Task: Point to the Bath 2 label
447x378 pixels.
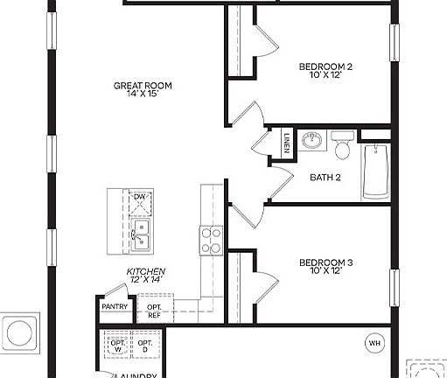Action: point(325,178)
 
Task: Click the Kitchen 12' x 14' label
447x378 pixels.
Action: point(146,276)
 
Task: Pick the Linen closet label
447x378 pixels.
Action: point(287,142)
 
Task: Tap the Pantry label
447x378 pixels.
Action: point(115,306)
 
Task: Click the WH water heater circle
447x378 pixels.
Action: point(374,343)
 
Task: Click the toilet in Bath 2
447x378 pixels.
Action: point(344,140)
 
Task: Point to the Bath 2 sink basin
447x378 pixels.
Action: point(311,139)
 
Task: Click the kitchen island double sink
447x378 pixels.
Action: point(140,230)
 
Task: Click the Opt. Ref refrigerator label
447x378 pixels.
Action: point(154,311)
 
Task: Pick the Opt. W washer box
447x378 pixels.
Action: point(117,347)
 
